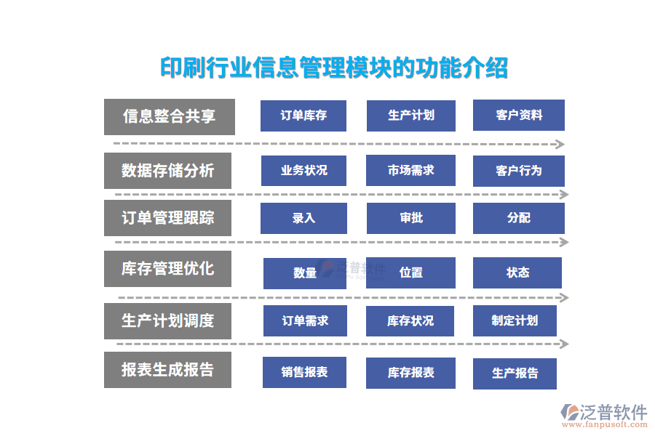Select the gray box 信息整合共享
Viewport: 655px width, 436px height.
pos(169,117)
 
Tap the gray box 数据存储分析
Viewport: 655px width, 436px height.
pos(167,171)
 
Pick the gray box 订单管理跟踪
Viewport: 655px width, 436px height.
pos(167,218)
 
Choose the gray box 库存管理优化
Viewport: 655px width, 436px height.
pos(167,268)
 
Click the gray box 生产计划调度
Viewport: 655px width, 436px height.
pos(167,320)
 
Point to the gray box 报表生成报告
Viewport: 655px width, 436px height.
pos(167,369)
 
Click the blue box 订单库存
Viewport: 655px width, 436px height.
pos(303,116)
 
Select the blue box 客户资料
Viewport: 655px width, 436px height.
pos(518,116)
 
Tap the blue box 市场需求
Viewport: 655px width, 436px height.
pos(410,171)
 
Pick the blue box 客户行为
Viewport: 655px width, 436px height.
pos(518,171)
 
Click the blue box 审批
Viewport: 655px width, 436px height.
pos(410,218)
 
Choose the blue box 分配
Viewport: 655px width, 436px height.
pos(518,218)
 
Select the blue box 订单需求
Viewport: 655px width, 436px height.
pos(305,320)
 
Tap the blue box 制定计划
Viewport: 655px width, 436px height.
pos(514,320)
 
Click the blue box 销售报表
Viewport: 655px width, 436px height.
pos(304,372)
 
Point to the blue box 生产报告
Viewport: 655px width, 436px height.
pos(515,374)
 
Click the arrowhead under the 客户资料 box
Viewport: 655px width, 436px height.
pos(560,144)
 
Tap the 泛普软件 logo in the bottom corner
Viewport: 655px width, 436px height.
pos(603,415)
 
